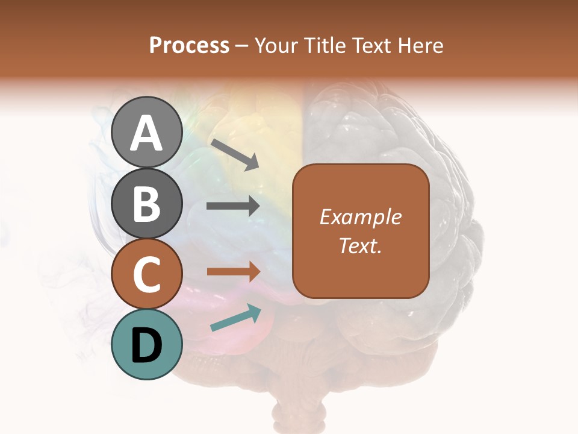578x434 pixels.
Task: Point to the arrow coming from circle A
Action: pos(235,154)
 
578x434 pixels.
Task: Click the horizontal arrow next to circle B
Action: pos(233,206)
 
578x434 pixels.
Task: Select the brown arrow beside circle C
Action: pos(234,272)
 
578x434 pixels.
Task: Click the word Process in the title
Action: pos(189,45)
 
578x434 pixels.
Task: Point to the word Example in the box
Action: pos(360,217)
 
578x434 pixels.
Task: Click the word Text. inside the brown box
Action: pos(360,245)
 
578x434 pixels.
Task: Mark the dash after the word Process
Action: pos(241,46)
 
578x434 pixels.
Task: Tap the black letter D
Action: pos(146,345)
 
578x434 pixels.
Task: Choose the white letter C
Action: pos(146,275)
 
